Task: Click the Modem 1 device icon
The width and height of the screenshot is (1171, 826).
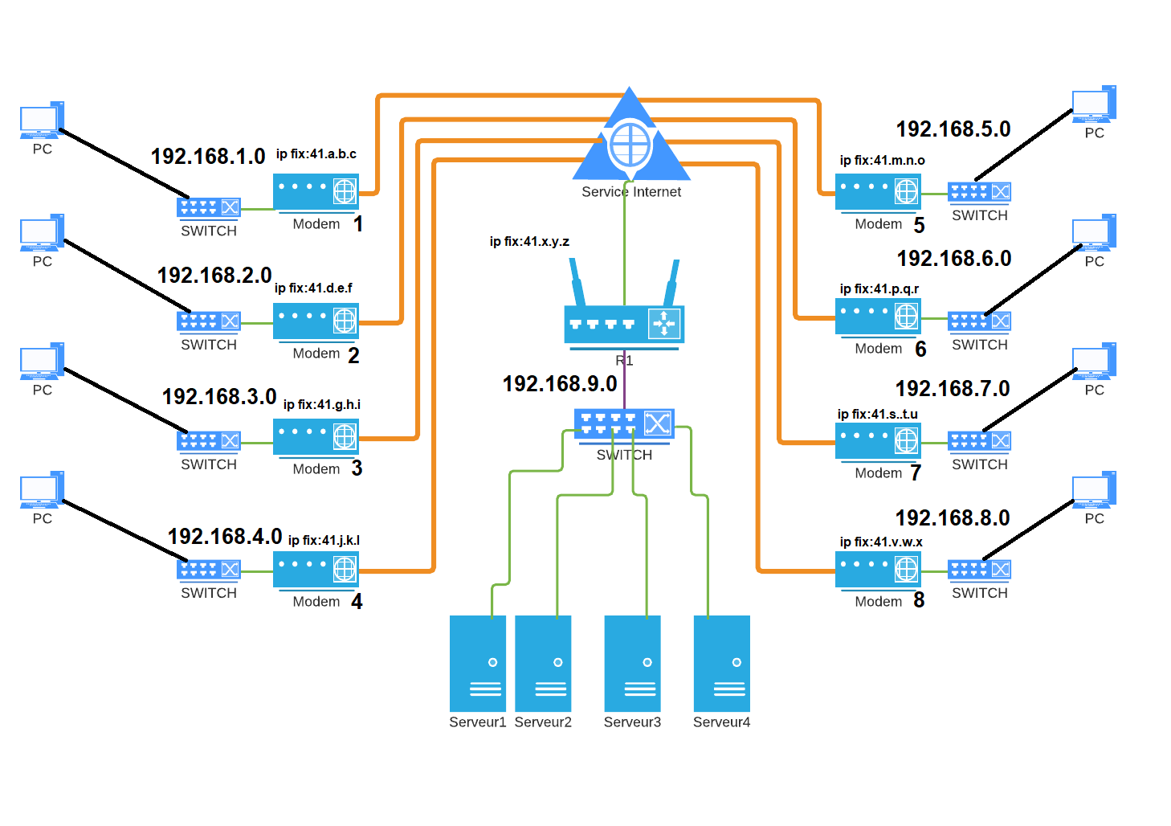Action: coord(316,192)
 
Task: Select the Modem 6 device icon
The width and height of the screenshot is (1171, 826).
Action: coord(878,317)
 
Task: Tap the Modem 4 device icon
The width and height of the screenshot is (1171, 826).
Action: coord(316,570)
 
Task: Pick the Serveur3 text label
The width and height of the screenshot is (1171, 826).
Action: coord(632,722)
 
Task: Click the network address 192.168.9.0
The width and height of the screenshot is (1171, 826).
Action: coord(560,384)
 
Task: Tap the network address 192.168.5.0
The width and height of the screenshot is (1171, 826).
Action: coord(953,129)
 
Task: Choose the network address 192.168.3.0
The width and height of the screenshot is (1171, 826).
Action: coord(219,397)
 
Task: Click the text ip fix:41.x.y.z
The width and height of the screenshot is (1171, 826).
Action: coord(529,242)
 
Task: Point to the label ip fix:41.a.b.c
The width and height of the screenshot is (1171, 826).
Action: coord(316,154)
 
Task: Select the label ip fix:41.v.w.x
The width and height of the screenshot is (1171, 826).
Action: coord(881,542)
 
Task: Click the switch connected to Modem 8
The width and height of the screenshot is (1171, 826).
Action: coord(979,570)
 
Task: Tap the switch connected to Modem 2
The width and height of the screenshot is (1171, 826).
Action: coord(209,321)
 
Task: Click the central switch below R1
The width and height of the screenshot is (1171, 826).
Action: coord(624,423)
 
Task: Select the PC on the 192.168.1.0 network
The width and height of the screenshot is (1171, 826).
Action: coord(42,121)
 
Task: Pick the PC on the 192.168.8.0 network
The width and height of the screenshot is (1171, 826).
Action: coord(1094,491)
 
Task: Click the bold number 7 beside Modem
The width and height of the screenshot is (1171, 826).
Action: coord(916,472)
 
